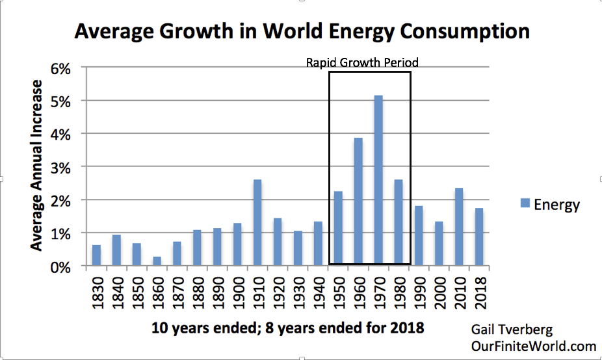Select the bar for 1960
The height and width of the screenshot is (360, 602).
tap(358, 201)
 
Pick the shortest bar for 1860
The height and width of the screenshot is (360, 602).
tap(157, 261)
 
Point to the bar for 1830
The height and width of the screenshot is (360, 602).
tap(96, 255)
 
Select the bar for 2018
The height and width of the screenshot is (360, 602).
tap(479, 237)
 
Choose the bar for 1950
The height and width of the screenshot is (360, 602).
tap(338, 228)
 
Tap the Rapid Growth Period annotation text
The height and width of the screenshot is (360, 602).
tap(362, 63)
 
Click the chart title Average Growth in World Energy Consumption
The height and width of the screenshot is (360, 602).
tap(302, 31)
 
